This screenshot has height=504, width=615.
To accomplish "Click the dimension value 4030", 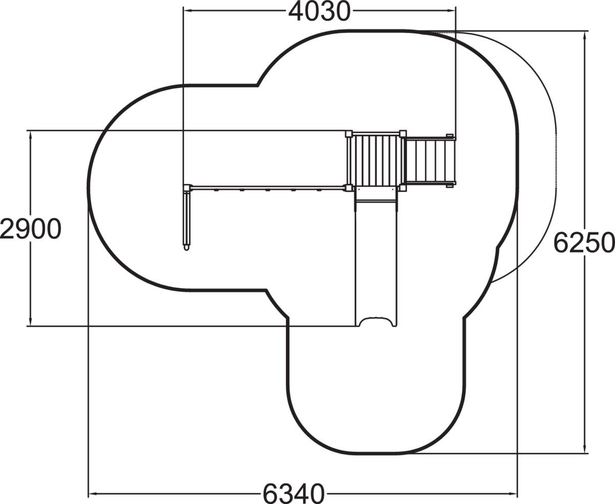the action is point(319,12).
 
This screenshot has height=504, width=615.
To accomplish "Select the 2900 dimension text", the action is point(31,229).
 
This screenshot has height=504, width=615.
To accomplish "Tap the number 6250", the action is point(584,243).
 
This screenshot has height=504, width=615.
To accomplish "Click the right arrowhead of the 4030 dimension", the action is point(452,10).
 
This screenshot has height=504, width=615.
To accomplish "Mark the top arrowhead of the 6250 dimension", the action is point(584,36).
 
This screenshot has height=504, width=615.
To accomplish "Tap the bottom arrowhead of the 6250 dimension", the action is point(584,457).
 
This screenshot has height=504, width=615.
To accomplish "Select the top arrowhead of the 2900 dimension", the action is point(30,135).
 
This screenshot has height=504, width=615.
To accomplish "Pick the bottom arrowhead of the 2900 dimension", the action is point(30,321).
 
